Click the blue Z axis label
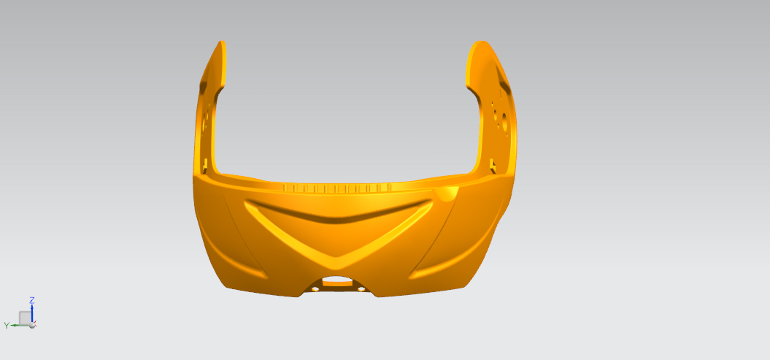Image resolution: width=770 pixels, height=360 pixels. pos(32,299)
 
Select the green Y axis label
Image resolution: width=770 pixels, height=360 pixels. pos(7,325)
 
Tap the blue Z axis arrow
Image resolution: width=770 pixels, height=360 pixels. pos(32,313)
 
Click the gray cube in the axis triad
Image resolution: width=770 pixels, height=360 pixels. pos(25,318)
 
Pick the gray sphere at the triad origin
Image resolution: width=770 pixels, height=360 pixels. pos(32,325)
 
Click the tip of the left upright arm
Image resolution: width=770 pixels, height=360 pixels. pos(223,42)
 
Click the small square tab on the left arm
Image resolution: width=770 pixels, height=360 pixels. pos(205,164)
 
